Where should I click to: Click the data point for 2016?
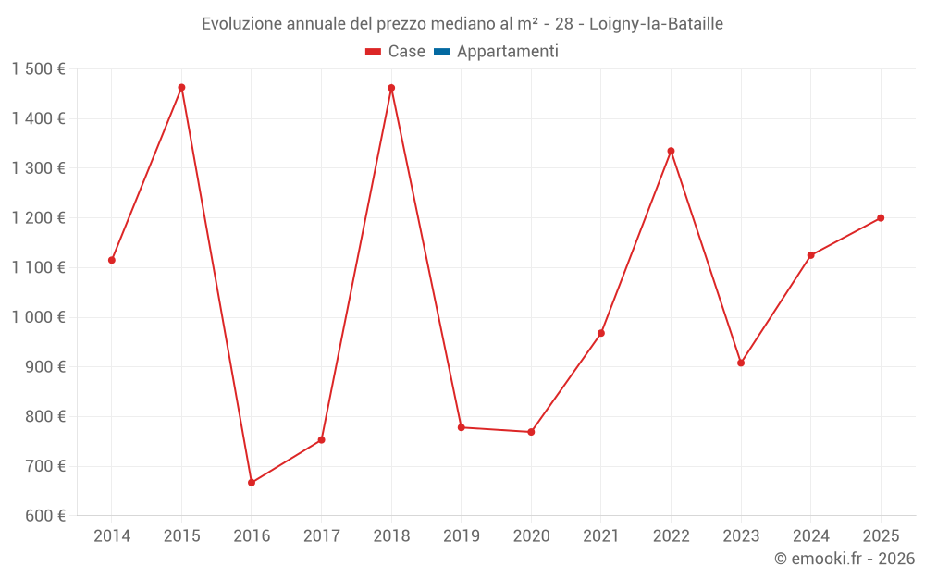(x=252, y=483)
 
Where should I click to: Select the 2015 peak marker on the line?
(x=181, y=88)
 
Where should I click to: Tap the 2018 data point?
(x=391, y=88)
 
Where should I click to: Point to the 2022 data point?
(x=671, y=151)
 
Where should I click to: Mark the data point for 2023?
(x=741, y=363)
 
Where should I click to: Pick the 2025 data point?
(x=881, y=218)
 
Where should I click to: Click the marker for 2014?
(x=112, y=260)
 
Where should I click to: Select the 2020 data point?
(x=531, y=432)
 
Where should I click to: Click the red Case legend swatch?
(x=374, y=52)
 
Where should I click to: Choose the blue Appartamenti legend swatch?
(x=441, y=52)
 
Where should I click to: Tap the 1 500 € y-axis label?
(x=39, y=69)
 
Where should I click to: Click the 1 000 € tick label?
(x=39, y=317)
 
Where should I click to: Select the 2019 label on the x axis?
(x=461, y=536)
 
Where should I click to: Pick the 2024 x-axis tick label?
(x=810, y=536)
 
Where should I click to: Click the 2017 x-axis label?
(x=321, y=536)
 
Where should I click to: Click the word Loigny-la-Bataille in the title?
(x=656, y=23)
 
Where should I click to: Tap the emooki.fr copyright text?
(x=845, y=559)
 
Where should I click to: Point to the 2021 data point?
(x=601, y=333)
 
